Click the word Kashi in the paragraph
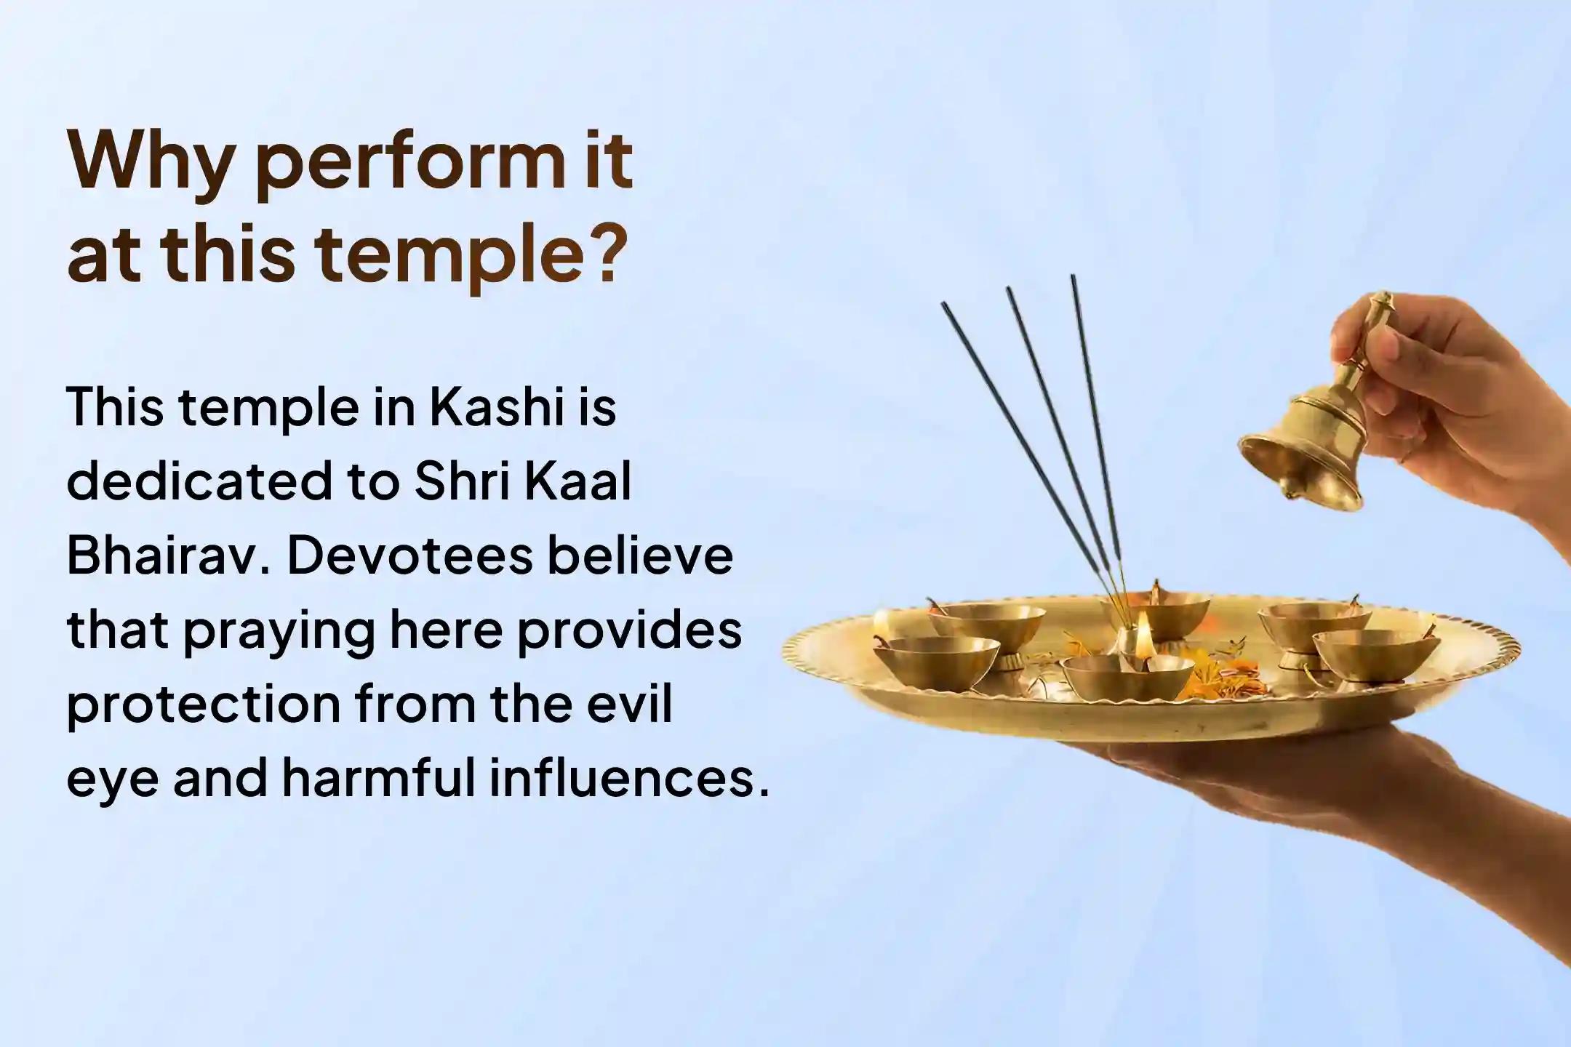pyautogui.click(x=497, y=407)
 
